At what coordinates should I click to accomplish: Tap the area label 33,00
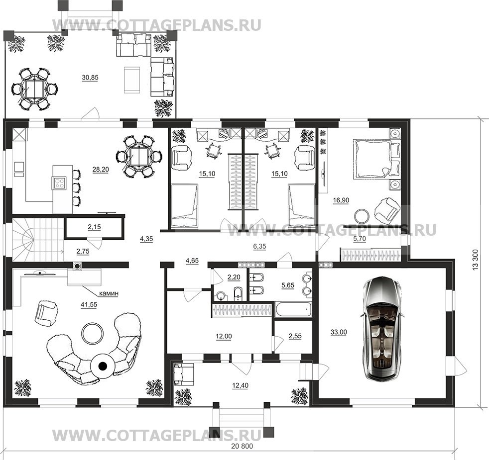[339, 332]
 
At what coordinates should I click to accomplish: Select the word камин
[109, 293]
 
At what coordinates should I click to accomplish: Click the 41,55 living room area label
[89, 305]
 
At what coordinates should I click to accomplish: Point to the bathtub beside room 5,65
[293, 309]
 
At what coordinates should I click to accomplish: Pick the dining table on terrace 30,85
[34, 89]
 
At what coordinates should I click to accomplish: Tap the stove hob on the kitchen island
[60, 183]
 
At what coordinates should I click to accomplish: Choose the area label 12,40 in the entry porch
[240, 385]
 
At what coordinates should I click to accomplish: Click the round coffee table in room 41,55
[92, 333]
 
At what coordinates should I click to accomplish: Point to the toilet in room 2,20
[238, 293]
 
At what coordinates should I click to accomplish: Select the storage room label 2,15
[94, 227]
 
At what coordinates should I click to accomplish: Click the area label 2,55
[295, 336]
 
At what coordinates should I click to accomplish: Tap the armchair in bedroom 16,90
[386, 208]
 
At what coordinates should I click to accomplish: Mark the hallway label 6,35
[259, 246]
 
